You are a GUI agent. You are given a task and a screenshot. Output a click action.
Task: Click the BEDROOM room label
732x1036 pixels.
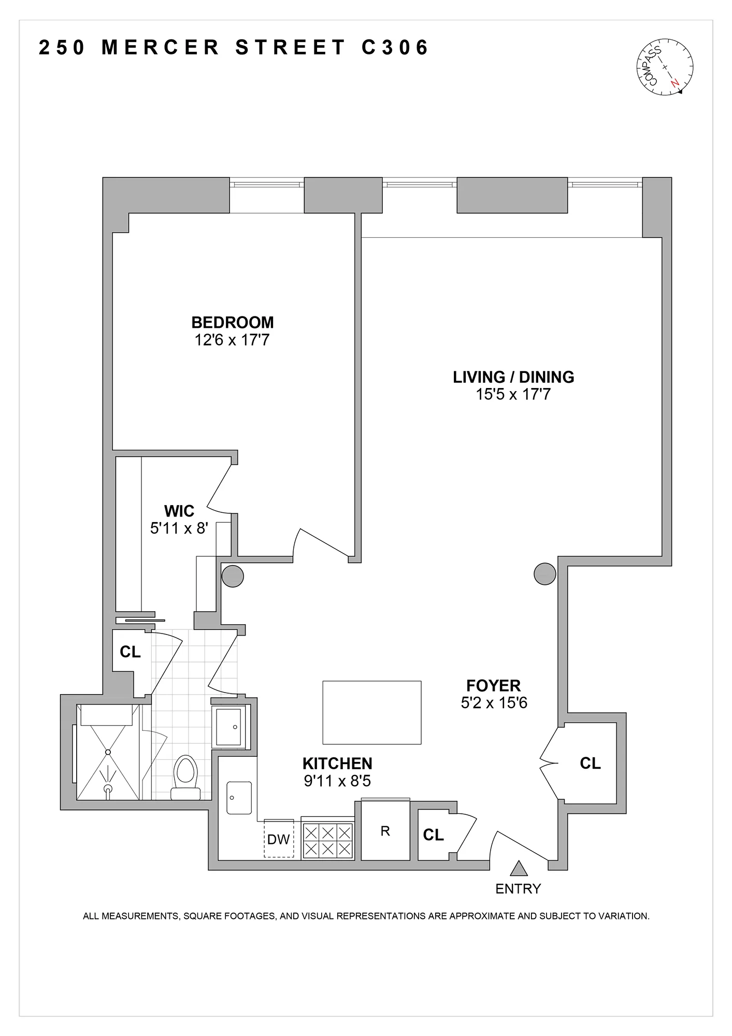(233, 322)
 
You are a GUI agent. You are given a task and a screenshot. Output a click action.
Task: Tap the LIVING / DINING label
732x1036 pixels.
(513, 377)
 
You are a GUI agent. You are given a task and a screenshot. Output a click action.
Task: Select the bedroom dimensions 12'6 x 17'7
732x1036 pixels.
(232, 340)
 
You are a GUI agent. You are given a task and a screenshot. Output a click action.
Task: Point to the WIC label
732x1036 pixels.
(179, 511)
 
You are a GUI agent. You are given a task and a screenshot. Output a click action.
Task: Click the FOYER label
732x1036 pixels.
(493, 686)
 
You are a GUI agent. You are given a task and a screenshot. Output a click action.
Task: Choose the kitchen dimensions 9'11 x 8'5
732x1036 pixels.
(337, 781)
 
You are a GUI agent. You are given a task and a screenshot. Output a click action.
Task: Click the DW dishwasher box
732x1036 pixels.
(279, 839)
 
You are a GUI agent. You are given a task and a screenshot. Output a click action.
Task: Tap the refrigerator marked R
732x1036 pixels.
(385, 831)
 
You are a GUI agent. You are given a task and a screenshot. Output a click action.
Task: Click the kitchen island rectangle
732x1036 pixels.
(372, 713)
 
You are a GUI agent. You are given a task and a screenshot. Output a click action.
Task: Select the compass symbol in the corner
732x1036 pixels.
(665, 67)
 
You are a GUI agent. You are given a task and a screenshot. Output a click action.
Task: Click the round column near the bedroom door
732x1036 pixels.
(233, 576)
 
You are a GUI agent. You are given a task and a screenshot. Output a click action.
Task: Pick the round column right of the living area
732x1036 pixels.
(545, 574)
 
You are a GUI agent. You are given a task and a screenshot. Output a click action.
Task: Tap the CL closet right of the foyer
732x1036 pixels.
(590, 763)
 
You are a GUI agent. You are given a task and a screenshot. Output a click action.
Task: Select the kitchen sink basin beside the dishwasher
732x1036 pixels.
(239, 798)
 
